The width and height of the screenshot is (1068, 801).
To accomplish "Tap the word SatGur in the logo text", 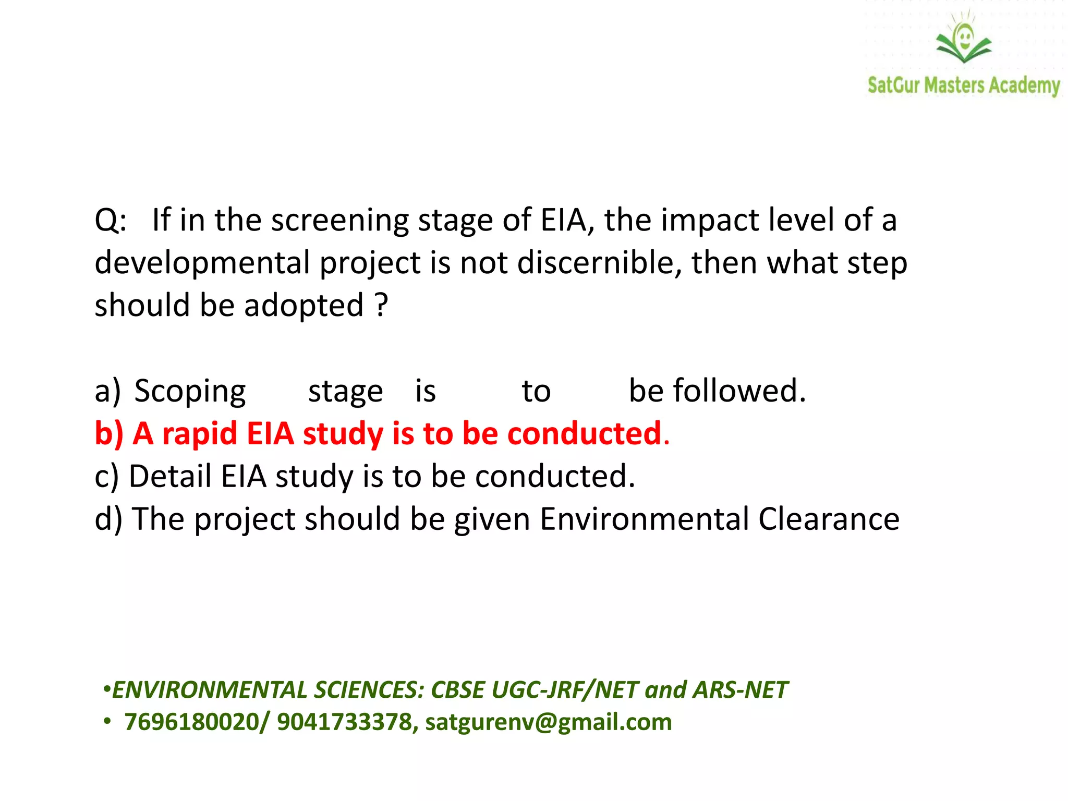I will pyautogui.click(x=893, y=85).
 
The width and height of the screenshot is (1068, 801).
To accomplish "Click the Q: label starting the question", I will pyautogui.click(x=111, y=220).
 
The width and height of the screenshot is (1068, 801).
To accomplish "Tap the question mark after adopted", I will pyautogui.click(x=382, y=305).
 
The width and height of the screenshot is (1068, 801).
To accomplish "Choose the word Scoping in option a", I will pyautogui.click(x=190, y=391).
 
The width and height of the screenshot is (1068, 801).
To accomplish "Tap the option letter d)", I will pyautogui.click(x=108, y=519).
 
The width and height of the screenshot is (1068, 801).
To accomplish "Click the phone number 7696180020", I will pyautogui.click(x=191, y=722).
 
